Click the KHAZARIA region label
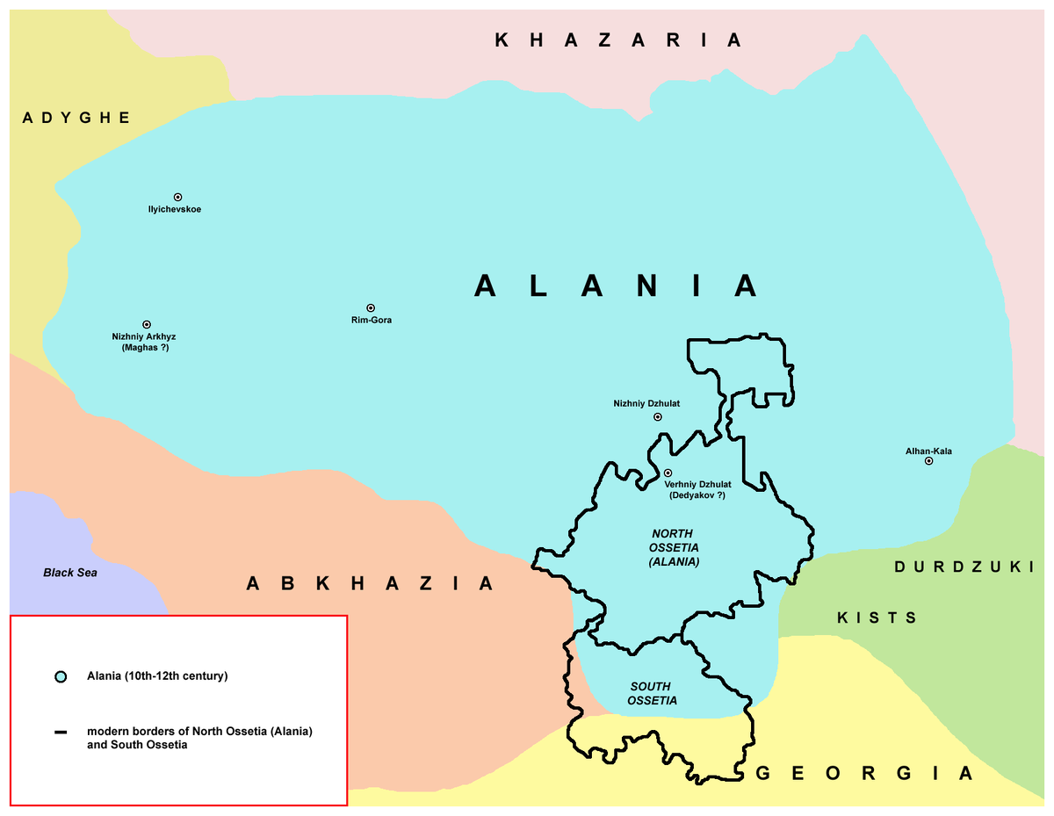(618, 40)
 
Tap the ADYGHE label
(76, 118)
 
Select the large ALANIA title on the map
(616, 285)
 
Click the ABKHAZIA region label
(370, 583)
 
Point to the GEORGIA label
(864, 774)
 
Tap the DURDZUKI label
(964, 567)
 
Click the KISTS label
(877, 618)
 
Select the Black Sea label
(70, 573)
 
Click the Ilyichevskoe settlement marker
(177, 197)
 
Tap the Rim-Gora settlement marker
(371, 307)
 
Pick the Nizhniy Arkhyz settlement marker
(146, 324)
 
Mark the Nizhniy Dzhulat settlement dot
(658, 417)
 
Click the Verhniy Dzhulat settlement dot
(668, 473)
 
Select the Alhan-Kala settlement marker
(928, 461)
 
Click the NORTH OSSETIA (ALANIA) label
(673, 548)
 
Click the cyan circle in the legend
(60, 677)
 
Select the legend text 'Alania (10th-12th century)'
(157, 676)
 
